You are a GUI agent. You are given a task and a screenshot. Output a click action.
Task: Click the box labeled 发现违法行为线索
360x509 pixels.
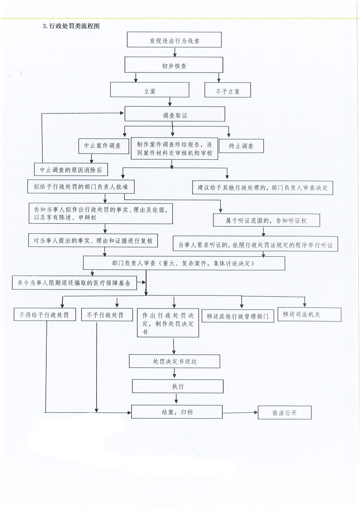(174, 40)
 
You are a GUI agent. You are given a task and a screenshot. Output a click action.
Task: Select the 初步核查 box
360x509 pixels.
(174, 65)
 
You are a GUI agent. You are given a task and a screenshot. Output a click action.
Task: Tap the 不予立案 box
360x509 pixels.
(227, 90)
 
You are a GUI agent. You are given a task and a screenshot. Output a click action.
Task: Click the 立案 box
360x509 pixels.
(149, 89)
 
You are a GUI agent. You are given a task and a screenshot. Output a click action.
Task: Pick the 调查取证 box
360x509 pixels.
(175, 114)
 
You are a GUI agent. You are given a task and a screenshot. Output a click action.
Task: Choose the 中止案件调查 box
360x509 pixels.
(104, 146)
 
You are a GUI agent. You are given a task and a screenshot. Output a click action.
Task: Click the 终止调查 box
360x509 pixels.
(241, 146)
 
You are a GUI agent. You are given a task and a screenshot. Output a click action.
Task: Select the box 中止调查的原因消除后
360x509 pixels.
(71, 170)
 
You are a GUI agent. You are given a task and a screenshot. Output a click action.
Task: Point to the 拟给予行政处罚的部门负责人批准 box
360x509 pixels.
(80, 186)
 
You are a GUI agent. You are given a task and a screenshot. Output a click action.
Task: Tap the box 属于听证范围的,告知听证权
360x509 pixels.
(266, 220)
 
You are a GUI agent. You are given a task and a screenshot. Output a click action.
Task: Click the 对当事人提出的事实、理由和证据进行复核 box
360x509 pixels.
(93, 240)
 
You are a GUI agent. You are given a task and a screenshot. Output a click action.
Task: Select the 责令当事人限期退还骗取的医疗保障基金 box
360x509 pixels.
(74, 283)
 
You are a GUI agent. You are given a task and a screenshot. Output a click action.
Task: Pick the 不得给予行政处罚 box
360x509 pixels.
(44, 314)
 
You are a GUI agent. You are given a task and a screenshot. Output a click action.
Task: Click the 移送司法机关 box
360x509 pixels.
(309, 314)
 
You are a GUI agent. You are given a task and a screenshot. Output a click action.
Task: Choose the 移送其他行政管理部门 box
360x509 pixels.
(237, 316)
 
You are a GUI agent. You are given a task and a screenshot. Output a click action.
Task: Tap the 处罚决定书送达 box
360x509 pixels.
(174, 361)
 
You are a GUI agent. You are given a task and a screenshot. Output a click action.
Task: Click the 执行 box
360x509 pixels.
(178, 387)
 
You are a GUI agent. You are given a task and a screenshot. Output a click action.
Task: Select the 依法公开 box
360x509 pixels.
(285, 412)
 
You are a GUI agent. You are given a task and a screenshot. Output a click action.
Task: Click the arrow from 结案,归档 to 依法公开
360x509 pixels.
(241, 412)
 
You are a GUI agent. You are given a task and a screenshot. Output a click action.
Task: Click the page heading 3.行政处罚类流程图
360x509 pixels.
(71, 26)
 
